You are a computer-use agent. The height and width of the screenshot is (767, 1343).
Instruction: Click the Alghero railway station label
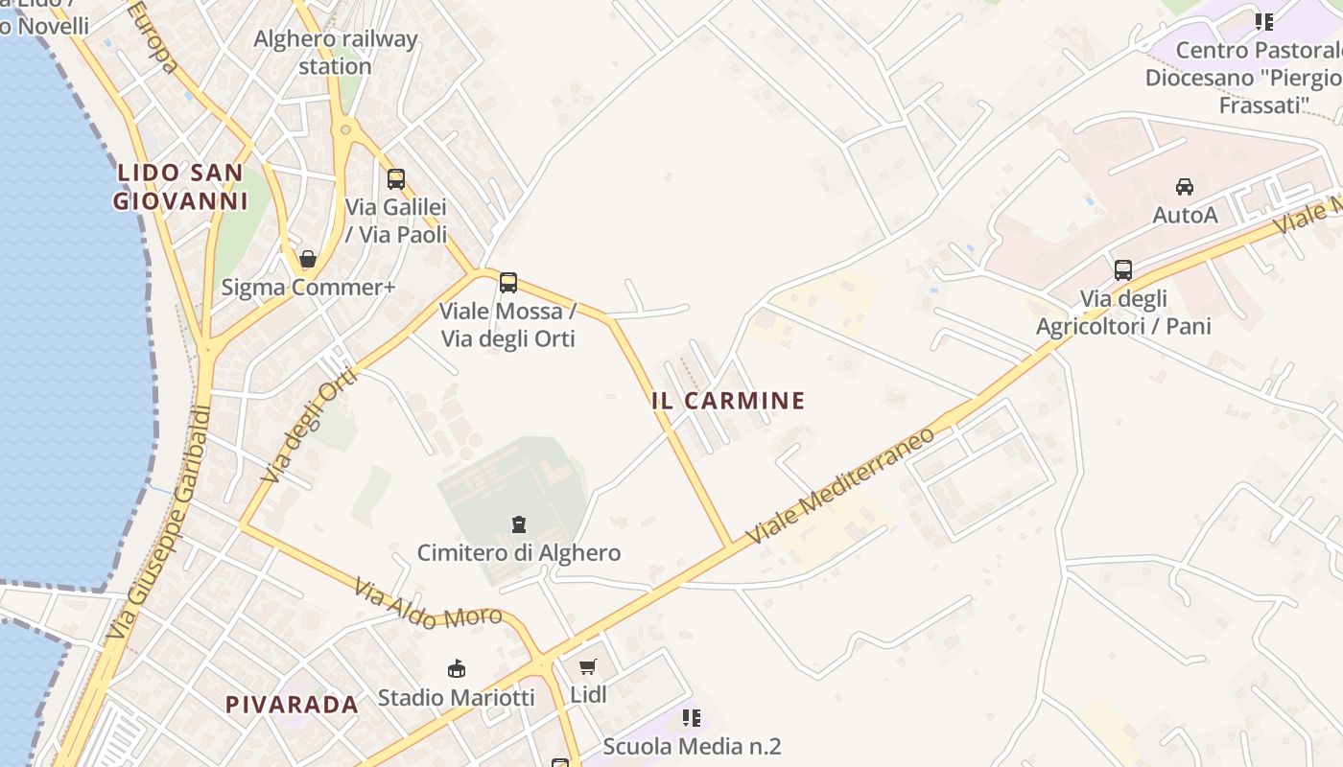point(335,53)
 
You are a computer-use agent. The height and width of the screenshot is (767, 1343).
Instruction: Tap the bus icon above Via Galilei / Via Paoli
point(395,178)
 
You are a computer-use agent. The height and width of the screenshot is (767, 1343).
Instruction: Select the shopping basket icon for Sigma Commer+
point(308,259)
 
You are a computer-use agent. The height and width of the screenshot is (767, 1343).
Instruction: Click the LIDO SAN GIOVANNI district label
point(180,187)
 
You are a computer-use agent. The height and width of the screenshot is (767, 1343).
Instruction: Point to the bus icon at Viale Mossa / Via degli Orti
point(508,283)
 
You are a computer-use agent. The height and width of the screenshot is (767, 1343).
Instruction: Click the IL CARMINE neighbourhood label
point(728,401)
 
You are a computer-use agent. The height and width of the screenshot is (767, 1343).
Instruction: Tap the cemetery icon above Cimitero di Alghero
point(519,524)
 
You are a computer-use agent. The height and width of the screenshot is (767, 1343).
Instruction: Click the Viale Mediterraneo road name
point(840,486)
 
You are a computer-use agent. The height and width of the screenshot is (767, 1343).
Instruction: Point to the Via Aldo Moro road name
point(428,604)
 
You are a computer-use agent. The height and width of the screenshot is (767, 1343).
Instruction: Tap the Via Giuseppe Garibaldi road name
point(159,523)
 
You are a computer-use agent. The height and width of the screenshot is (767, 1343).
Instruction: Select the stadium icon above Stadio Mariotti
point(457,668)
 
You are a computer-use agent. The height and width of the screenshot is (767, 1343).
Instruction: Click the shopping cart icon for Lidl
point(588,666)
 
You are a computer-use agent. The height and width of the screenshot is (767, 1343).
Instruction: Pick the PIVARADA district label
point(292,705)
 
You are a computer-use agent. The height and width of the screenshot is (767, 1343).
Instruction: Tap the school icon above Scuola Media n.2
point(692,717)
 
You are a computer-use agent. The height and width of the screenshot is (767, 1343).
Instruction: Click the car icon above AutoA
point(1185,186)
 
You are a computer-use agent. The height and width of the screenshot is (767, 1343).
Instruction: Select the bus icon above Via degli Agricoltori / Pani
point(1123,270)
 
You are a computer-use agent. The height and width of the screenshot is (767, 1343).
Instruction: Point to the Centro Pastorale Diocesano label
point(1257,77)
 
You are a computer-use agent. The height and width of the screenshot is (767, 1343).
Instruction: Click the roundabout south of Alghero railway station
point(344,129)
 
